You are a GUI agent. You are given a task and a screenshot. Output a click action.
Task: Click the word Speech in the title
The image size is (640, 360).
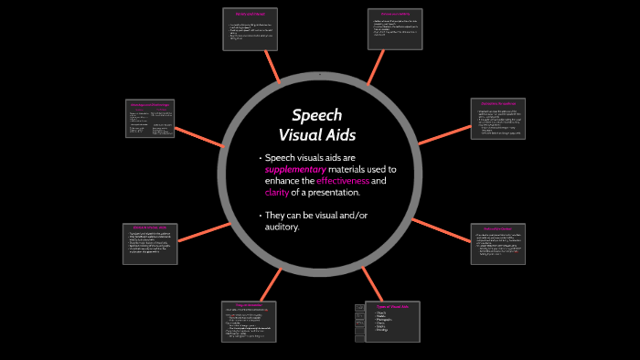[x=316, y=115]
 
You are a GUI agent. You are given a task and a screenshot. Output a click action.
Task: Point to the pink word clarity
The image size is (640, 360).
[x=276, y=193]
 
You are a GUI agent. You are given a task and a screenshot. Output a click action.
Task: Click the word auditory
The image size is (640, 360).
[x=282, y=227]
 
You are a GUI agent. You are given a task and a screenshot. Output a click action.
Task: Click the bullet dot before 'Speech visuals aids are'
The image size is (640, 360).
[x=259, y=158]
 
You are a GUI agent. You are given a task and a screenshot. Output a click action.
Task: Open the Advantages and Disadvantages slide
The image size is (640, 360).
[x=151, y=119]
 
